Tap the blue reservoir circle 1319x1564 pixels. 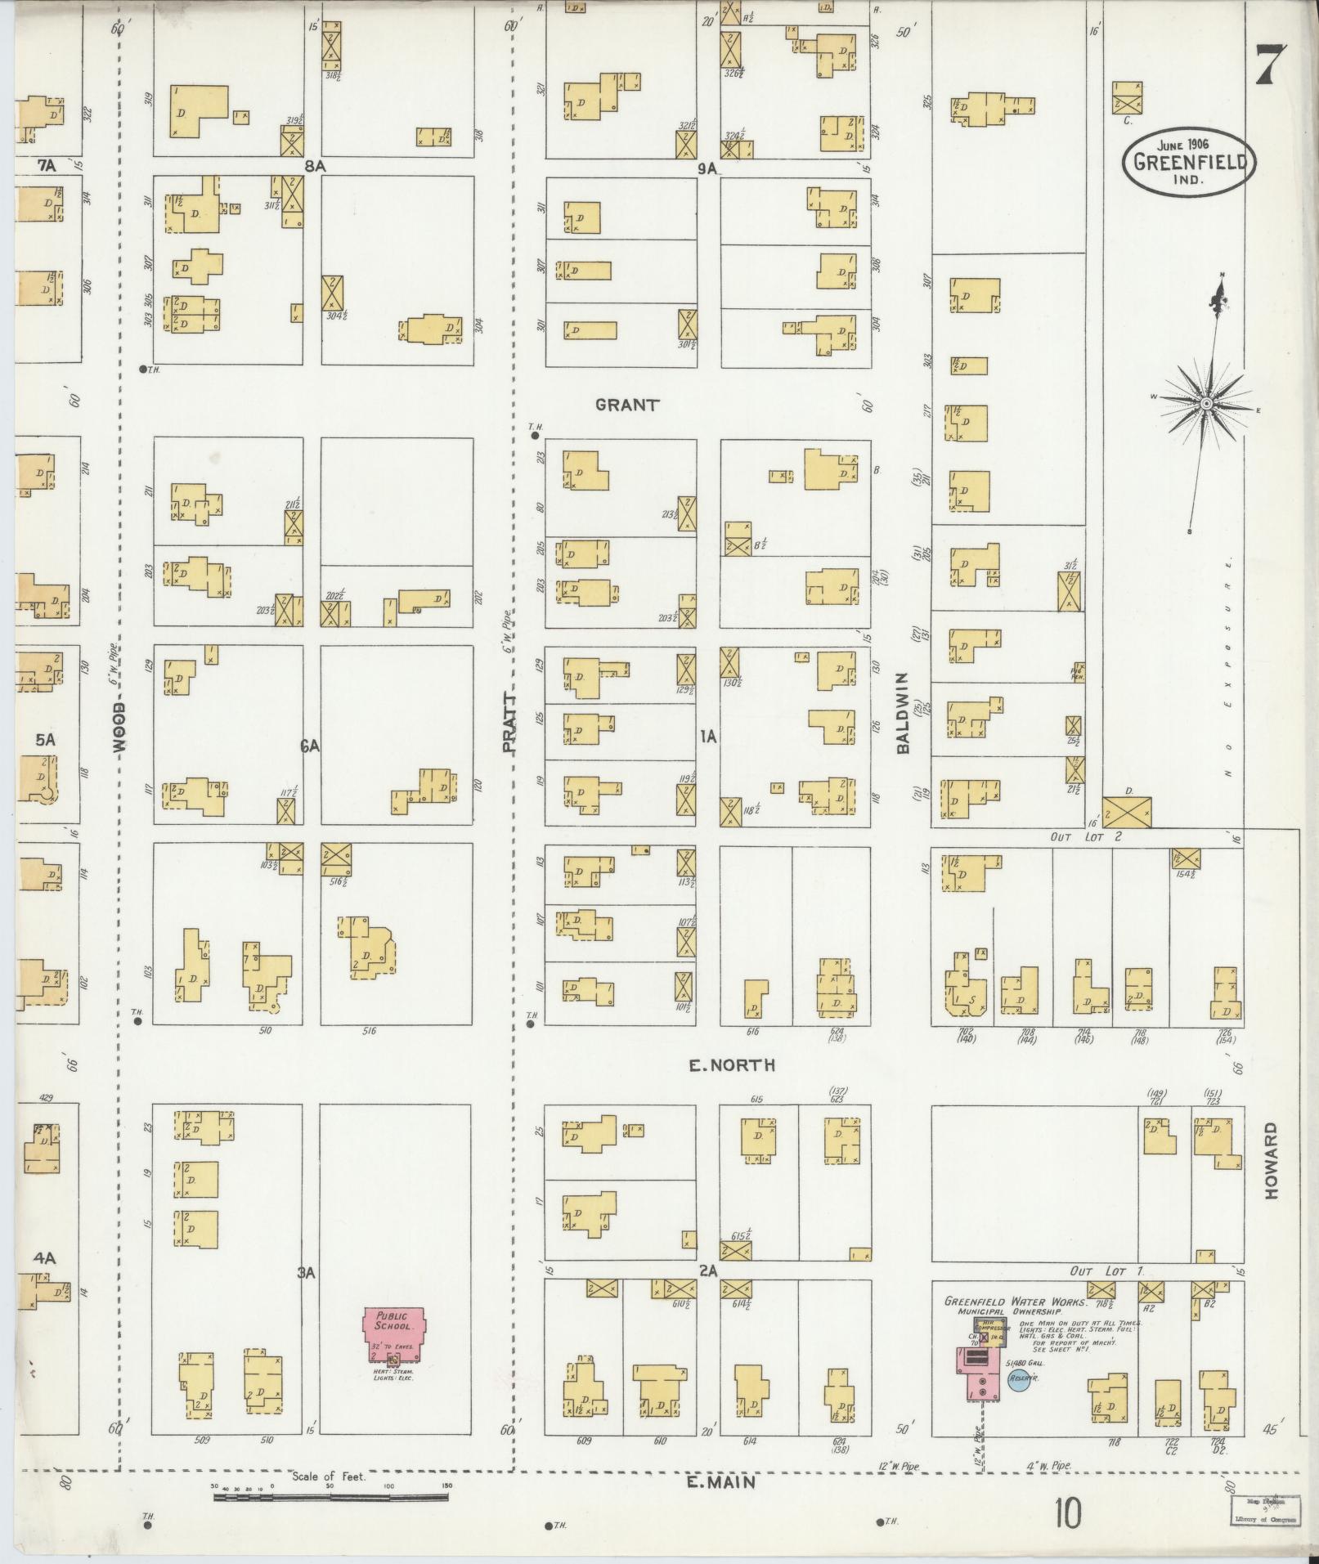pyautogui.click(x=1019, y=1380)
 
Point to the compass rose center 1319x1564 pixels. pyautogui.click(x=1205, y=405)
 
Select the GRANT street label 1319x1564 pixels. pyautogui.click(x=627, y=405)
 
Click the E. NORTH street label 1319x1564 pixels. pyautogui.click(x=731, y=1065)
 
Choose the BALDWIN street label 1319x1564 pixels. pyautogui.click(x=902, y=713)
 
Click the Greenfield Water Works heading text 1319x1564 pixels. pyautogui.click(x=1014, y=1302)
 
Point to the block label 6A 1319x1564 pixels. pyautogui.click(x=309, y=746)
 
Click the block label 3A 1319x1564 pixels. pyautogui.click(x=306, y=1273)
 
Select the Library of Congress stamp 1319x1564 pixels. pyautogui.click(x=1258, y=1512)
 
